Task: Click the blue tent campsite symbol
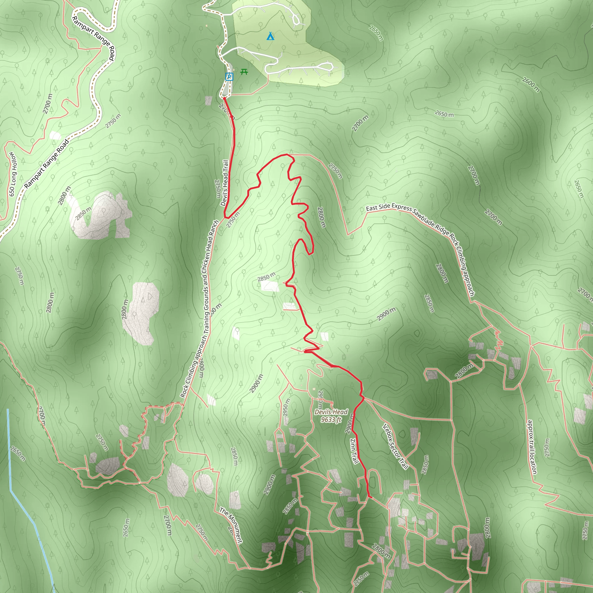(x=270, y=36)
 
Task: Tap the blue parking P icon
(x=229, y=77)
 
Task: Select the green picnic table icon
(x=244, y=72)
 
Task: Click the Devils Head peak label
(x=331, y=412)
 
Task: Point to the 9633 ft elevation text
(x=331, y=420)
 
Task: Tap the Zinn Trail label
(x=354, y=451)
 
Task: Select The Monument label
(x=231, y=525)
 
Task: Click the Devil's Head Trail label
(x=225, y=183)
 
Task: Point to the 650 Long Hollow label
(x=13, y=174)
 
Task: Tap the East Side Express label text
(x=389, y=208)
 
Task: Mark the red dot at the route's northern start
(x=224, y=98)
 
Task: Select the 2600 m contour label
(x=531, y=85)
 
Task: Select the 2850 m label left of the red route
(x=266, y=277)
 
